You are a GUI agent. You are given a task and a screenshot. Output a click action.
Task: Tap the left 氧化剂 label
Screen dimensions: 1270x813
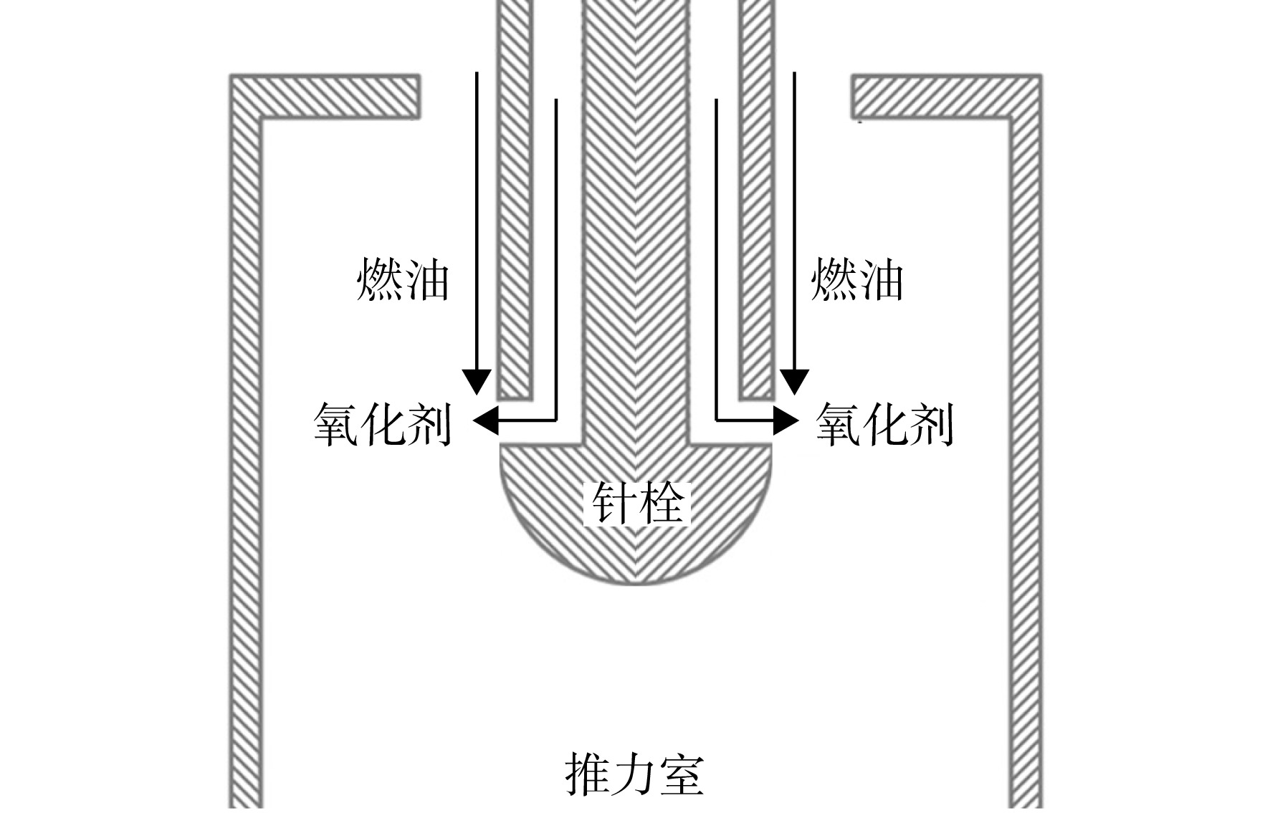point(383,425)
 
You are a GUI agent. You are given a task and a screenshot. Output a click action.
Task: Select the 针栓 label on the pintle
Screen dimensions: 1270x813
point(637,504)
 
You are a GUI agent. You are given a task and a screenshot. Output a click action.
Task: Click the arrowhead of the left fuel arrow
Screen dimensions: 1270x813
point(477,382)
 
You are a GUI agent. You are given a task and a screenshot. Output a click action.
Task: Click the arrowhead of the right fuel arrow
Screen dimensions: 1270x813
point(794,382)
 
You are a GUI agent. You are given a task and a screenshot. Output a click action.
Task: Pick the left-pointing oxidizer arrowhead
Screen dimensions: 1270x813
point(484,420)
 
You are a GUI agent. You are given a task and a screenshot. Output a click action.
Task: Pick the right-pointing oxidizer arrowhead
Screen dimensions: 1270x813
point(786,420)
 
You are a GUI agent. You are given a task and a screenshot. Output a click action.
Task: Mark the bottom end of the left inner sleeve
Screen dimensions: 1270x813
point(515,398)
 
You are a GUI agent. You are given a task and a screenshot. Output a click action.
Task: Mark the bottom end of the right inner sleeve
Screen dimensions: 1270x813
point(756,398)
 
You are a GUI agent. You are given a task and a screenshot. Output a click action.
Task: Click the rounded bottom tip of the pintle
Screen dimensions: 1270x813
point(636,583)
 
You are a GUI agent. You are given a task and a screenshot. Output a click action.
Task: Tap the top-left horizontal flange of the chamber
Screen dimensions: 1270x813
point(325,96)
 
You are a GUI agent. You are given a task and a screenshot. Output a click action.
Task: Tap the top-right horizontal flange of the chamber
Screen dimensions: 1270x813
point(946,96)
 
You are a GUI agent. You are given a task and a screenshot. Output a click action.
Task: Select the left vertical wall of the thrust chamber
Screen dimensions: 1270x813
point(245,458)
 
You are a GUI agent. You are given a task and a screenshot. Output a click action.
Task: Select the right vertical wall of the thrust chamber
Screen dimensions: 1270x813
point(1026,458)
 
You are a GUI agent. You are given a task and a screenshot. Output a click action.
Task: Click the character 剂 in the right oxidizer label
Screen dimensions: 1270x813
point(932,425)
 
